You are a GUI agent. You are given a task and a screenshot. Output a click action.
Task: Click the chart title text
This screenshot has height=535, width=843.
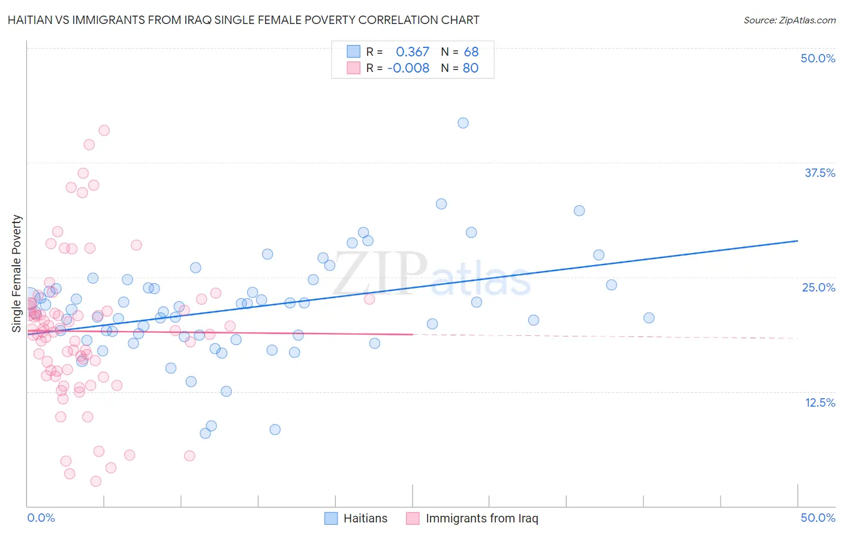tap(243, 20)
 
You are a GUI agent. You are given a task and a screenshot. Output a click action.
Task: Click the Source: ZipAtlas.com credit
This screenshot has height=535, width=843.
tap(789, 20)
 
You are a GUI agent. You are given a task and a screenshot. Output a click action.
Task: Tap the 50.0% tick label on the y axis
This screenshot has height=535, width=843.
tap(818, 58)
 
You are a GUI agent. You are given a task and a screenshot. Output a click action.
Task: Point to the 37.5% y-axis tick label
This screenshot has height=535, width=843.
tap(820, 173)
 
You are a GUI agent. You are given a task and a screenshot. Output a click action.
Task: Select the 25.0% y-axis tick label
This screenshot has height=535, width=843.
tap(818, 287)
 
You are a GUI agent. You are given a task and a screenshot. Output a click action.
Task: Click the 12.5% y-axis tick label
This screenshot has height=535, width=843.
tap(820, 402)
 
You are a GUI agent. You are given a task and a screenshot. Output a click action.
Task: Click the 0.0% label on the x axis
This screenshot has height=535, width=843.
tap(41, 518)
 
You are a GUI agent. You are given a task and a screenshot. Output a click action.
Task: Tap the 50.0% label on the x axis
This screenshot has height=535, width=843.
tap(818, 518)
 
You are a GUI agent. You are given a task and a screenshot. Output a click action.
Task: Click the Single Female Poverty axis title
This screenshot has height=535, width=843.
tap(17, 273)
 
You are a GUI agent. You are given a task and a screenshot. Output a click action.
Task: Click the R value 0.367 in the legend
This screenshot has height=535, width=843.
tap(413, 52)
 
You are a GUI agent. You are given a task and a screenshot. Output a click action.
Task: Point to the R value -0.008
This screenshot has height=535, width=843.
tap(408, 68)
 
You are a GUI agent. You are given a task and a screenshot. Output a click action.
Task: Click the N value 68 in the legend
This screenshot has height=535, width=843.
tap(471, 52)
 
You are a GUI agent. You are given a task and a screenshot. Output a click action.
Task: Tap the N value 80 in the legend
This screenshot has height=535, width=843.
tap(471, 68)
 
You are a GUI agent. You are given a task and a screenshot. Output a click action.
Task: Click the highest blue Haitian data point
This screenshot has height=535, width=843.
tap(463, 123)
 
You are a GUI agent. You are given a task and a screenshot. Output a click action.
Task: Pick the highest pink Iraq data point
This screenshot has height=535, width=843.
tap(104, 130)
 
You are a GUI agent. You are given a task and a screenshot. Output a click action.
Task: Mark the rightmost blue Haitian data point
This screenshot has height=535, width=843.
tap(649, 318)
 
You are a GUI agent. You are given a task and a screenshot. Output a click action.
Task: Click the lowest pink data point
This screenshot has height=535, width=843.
tap(96, 481)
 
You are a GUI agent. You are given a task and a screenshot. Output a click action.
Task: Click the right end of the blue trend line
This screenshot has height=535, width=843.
tap(797, 241)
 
